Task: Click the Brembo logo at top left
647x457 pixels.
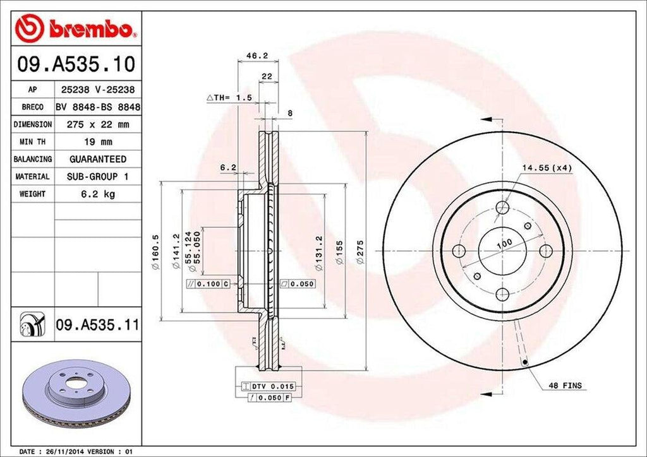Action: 76,28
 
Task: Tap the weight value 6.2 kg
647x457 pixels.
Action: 98,194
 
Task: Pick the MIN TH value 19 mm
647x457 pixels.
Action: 98,142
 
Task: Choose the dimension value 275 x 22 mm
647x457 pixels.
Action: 98,125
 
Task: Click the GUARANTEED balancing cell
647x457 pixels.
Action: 98,159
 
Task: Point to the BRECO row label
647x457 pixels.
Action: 32,108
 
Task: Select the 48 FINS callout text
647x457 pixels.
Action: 564,385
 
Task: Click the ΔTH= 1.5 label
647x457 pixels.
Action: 229,98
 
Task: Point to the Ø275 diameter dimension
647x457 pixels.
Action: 361,252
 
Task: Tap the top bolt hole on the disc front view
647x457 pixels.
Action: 503,208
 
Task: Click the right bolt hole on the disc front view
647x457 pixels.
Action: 546,251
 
